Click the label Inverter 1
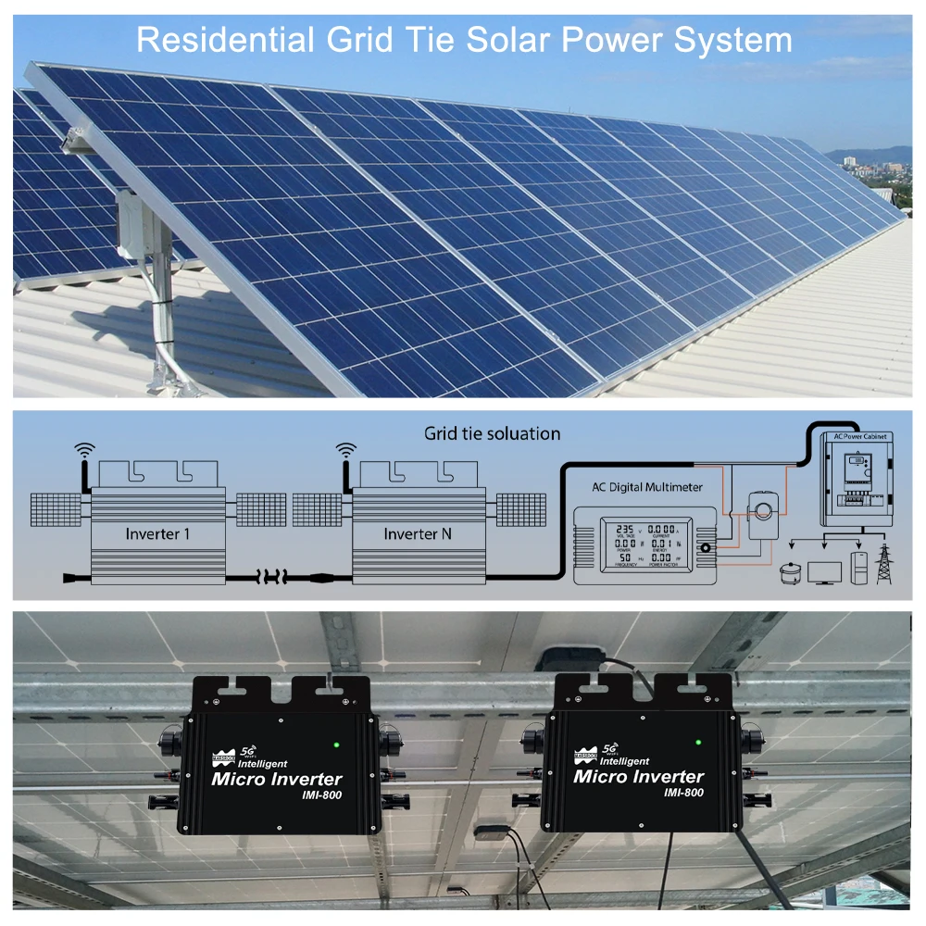coord(158,534)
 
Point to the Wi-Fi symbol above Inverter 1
coord(85,451)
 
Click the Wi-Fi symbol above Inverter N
coord(345,451)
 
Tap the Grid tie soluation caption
coord(492,433)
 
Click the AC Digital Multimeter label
coord(647,487)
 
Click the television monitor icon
coord(824,570)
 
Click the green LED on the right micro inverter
coord(697,741)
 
